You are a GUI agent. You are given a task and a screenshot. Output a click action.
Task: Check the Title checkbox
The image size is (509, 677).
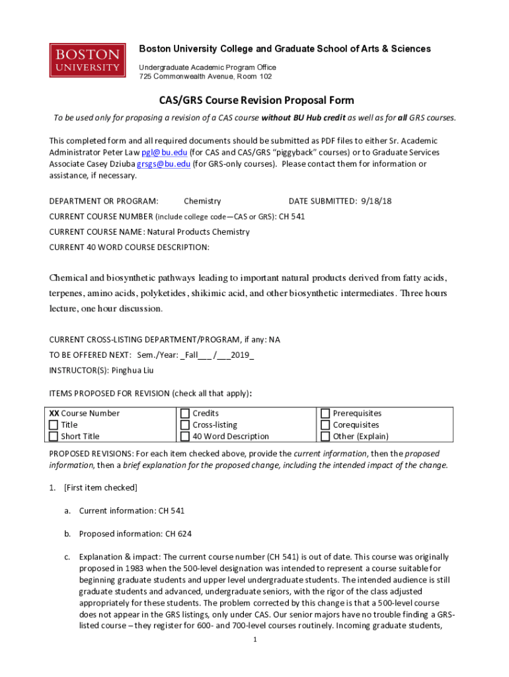54,425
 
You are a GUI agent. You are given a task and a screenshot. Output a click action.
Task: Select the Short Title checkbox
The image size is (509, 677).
54,436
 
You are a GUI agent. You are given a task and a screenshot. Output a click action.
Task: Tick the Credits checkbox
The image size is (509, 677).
185,414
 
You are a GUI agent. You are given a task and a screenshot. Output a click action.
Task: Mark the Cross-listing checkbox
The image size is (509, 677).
185,425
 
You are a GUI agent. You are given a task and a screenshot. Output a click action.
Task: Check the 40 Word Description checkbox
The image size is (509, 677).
185,436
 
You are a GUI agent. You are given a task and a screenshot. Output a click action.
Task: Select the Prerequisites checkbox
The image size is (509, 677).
325,414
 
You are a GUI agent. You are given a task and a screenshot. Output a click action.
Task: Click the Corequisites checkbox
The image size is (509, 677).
325,425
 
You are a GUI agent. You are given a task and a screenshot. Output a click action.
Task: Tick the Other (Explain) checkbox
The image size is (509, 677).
325,436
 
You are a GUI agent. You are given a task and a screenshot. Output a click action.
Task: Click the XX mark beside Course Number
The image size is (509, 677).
54,414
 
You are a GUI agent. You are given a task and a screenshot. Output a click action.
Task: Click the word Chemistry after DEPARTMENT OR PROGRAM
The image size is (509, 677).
202,201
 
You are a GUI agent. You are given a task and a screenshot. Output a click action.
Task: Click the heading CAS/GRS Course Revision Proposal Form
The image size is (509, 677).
256,100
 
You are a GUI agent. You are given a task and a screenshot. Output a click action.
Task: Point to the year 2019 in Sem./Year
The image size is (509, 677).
239,355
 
